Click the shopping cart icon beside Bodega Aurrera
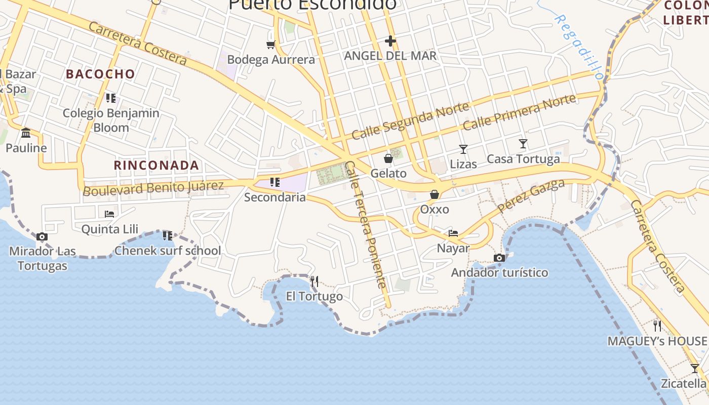pyautogui.click(x=271, y=45)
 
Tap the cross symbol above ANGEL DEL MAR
pyautogui.click(x=390, y=40)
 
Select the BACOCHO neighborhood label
pyautogui.click(x=101, y=74)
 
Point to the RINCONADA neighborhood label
pyautogui.click(x=156, y=165)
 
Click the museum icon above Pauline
pyautogui.click(x=26, y=133)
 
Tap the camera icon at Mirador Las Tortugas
pyautogui.click(x=42, y=236)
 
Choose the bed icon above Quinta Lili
pyautogui.click(x=109, y=214)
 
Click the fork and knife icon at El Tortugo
pyautogui.click(x=314, y=281)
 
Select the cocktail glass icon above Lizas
pyautogui.click(x=463, y=149)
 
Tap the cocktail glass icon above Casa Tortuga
pyautogui.click(x=523, y=144)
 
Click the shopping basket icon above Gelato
pyautogui.click(x=388, y=158)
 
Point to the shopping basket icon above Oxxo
pyautogui.click(x=435, y=194)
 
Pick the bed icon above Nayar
pyautogui.click(x=453, y=233)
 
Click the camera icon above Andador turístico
pyautogui.click(x=499, y=258)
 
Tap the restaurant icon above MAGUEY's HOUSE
pyautogui.click(x=657, y=326)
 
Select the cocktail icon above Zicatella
pyautogui.click(x=695, y=368)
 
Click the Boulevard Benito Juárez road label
pyautogui.click(x=153, y=188)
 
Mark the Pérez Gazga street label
pyautogui.click(x=531, y=195)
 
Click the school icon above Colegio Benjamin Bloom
pyautogui.click(x=111, y=98)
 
